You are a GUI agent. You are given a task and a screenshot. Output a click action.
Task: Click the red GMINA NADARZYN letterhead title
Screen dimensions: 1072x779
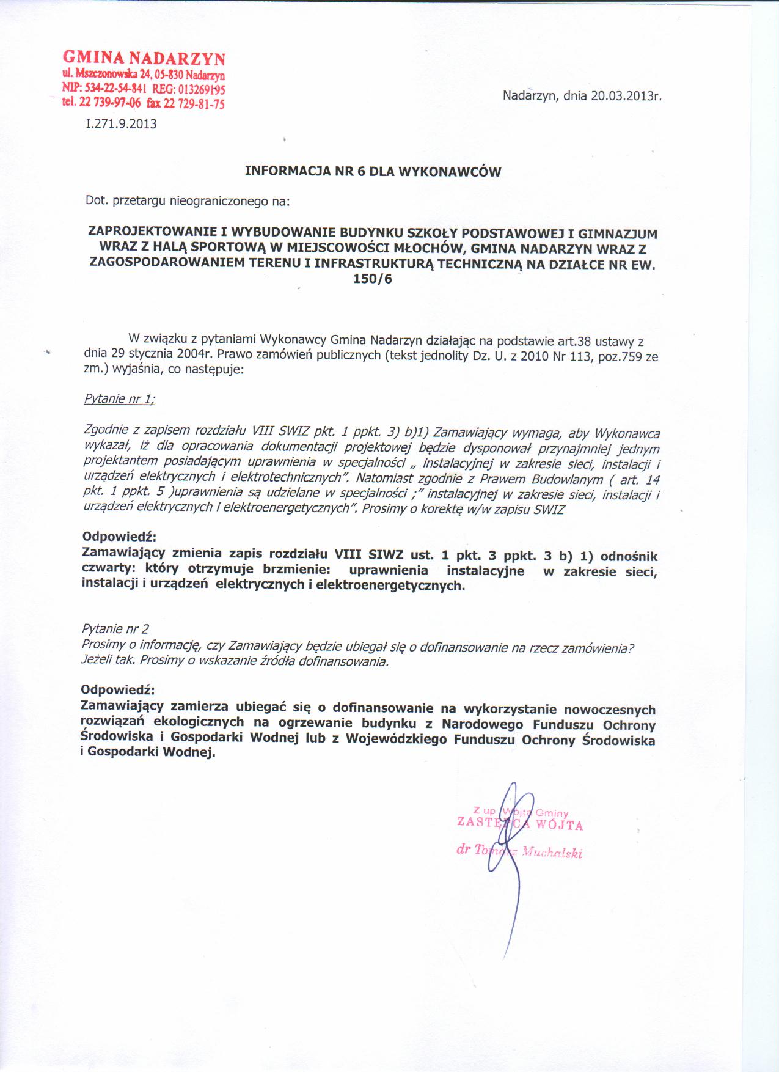pyautogui.click(x=144, y=59)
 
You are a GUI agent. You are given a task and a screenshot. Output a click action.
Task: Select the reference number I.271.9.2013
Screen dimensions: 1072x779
pyautogui.click(x=122, y=124)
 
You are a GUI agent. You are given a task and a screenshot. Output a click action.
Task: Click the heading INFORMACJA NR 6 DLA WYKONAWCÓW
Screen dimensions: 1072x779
pyautogui.click(x=373, y=172)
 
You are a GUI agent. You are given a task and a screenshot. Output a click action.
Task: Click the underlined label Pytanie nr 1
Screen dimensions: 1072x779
pyautogui.click(x=119, y=399)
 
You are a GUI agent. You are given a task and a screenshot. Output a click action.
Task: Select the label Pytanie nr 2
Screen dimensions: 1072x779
pyautogui.click(x=115, y=629)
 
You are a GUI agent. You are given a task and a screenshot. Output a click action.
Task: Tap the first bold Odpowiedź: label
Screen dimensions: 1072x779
pyautogui.click(x=119, y=537)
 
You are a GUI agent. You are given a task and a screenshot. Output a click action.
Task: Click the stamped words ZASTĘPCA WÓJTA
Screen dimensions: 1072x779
pyautogui.click(x=520, y=824)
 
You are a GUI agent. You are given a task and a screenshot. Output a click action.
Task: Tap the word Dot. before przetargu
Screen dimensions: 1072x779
pyautogui.click(x=96, y=200)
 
